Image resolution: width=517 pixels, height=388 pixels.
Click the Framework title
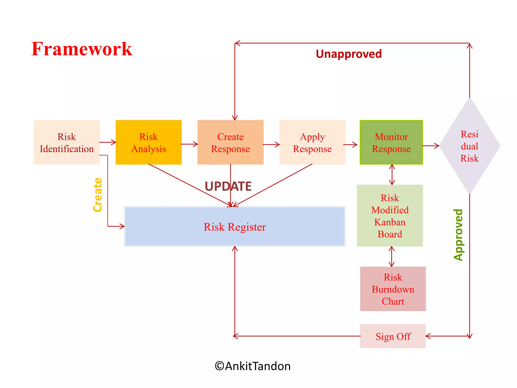82,49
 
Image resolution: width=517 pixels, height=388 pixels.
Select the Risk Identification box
67,142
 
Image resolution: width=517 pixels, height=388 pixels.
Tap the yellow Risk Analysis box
148,142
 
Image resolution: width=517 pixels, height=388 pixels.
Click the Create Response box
230,142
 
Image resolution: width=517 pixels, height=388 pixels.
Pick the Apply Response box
312,142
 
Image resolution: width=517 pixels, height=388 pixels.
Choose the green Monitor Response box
391,142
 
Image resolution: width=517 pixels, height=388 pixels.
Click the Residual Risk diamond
470,146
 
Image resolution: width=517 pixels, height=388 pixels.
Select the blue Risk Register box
235,227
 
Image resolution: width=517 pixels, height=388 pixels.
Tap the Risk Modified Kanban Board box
390,216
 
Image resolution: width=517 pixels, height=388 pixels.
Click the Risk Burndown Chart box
393,289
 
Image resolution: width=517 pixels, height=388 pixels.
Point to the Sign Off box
393,336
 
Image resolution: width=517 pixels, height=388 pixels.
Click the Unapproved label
349,54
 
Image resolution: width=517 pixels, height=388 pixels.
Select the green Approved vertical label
458,235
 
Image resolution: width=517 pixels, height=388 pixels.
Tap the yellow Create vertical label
98,195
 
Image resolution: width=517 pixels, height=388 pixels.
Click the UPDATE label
228,186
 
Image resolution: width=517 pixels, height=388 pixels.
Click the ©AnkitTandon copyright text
252,366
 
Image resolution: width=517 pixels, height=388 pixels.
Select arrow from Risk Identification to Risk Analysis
108,142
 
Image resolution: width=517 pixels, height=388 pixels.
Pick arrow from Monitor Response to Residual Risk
431,146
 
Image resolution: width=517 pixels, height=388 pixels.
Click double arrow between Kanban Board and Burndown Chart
392,257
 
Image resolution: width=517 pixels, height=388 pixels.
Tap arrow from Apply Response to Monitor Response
350,145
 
